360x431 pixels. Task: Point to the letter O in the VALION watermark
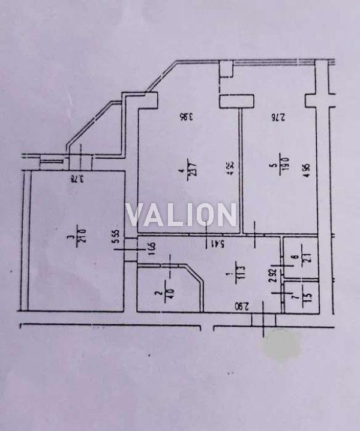pos(204,215)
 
